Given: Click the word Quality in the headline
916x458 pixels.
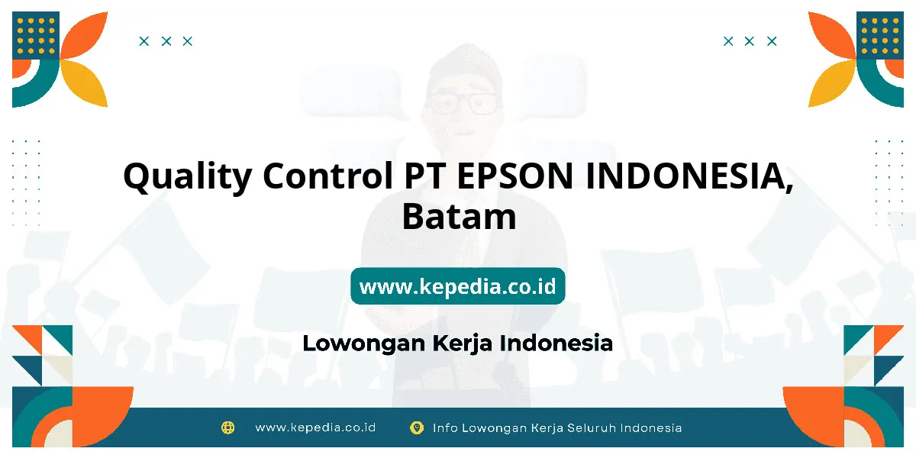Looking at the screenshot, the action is pos(187,177).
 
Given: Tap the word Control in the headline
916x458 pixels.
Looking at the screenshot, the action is pos(327,175).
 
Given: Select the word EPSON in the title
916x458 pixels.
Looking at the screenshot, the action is pos(514,176).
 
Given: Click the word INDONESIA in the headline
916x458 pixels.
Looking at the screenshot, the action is pos(689,176).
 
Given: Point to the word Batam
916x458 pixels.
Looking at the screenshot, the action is pos(460,216).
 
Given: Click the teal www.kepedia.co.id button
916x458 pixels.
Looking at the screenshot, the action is pos(458,285).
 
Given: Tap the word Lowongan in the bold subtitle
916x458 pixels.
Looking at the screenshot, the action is pos(365,343).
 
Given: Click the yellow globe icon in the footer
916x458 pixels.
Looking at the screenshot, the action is pos(227,427).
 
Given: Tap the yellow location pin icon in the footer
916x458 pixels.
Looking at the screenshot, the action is pos(417,428).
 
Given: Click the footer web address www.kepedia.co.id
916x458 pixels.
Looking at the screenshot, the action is pos(315,427).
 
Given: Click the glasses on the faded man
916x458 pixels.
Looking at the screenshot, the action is pos(463,103).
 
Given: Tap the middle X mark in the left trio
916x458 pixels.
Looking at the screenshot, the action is pos(166,41).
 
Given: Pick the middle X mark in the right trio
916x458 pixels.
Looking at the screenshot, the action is pos(749,41).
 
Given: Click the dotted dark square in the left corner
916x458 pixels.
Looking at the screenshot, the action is pos(36,35).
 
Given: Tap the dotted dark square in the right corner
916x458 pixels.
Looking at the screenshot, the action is pos(880,35).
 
